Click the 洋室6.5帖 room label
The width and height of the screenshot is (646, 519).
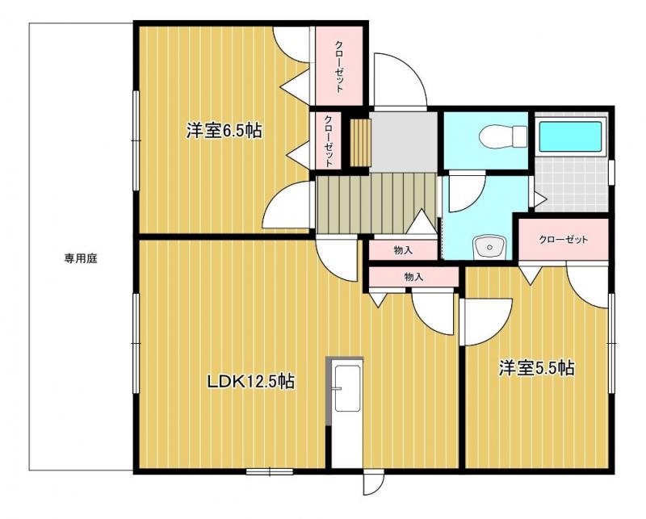[224, 131]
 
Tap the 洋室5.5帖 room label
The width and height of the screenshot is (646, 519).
[535, 369]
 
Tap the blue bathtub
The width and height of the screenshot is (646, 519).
[570, 136]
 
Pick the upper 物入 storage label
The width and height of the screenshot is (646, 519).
[404, 251]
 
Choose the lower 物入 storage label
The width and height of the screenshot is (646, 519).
[413, 277]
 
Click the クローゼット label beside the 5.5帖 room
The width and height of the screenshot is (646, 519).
[562, 240]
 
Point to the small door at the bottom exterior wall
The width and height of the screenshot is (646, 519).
[374, 483]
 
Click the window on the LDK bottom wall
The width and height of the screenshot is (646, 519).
[269, 471]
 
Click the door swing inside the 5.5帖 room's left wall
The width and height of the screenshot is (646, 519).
[487, 319]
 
